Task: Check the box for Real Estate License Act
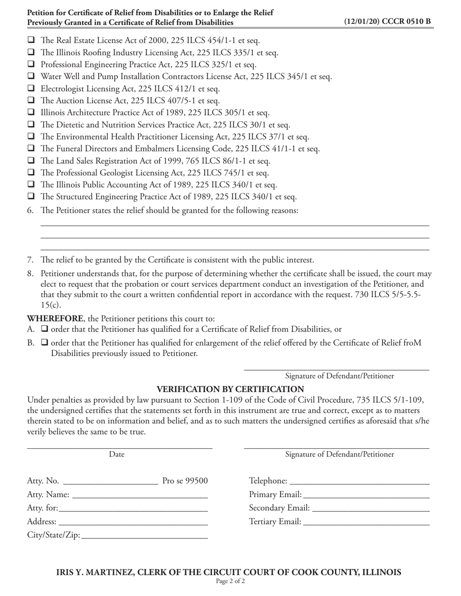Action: coord(31,41)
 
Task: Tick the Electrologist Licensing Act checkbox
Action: coord(31,89)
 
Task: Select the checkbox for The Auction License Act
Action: coord(31,101)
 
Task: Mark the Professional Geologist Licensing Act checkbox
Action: coord(31,173)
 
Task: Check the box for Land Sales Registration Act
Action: coord(31,161)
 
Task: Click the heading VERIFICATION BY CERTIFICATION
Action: coord(230,389)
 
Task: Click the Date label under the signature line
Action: coord(116,455)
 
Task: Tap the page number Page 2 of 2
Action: coord(230,581)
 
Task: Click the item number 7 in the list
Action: coord(30,260)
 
